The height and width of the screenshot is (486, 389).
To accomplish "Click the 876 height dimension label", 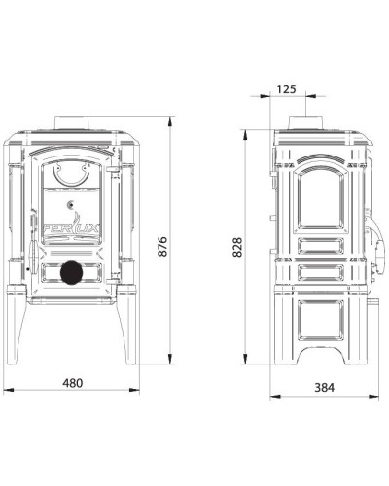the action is [x=162, y=247].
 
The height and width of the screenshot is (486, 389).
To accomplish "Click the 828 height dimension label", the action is [x=237, y=247].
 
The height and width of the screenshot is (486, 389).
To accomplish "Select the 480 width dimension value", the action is [x=73, y=383].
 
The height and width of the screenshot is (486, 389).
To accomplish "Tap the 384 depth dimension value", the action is [x=324, y=387].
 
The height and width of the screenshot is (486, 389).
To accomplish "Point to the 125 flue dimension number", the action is [x=287, y=89].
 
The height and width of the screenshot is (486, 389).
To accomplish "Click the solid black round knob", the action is [x=71, y=273].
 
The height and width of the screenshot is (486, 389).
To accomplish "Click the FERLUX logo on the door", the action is [x=71, y=227].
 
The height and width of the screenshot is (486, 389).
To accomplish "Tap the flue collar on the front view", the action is [x=71, y=122].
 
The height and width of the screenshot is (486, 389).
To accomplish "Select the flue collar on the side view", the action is [x=305, y=122].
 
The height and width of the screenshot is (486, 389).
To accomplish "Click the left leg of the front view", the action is [x=17, y=324].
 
